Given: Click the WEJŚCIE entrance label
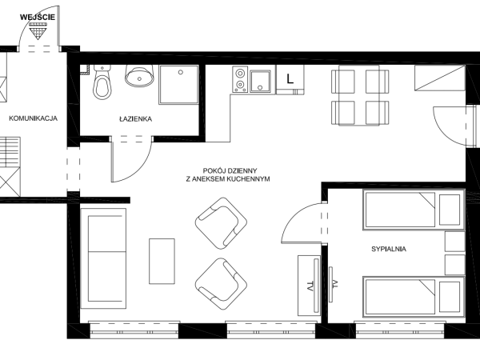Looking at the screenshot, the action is pyautogui.click(x=38, y=17).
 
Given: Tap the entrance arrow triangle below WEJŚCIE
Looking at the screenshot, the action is pyautogui.click(x=38, y=31).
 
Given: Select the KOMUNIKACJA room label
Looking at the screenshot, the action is pyautogui.click(x=33, y=118).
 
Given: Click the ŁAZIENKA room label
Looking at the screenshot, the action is pyautogui.click(x=135, y=118).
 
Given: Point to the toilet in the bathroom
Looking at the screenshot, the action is pyautogui.click(x=102, y=82).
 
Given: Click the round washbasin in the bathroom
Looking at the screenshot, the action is pyautogui.click(x=139, y=76).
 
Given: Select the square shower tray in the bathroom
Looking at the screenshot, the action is pyautogui.click(x=178, y=85).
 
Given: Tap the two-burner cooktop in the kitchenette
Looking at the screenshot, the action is pyautogui.click(x=240, y=79).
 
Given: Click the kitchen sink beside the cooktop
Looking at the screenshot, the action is pyautogui.click(x=260, y=81).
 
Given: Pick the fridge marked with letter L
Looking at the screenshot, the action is pyautogui.click(x=290, y=79).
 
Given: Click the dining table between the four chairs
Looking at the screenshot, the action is pyautogui.click(x=360, y=95).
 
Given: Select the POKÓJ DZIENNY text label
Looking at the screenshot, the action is pyautogui.click(x=230, y=170).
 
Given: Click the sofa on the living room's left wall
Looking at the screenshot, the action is pyautogui.click(x=103, y=258).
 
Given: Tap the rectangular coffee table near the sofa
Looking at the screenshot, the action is pyautogui.click(x=162, y=261).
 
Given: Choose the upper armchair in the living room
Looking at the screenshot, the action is pyautogui.click(x=221, y=223).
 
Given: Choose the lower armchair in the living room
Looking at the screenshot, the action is pyautogui.click(x=221, y=284).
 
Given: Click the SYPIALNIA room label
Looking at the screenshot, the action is pyautogui.click(x=389, y=249).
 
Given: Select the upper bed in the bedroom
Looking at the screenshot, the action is pyautogui.click(x=414, y=210).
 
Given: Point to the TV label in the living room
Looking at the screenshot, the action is pyautogui.click(x=310, y=286).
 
